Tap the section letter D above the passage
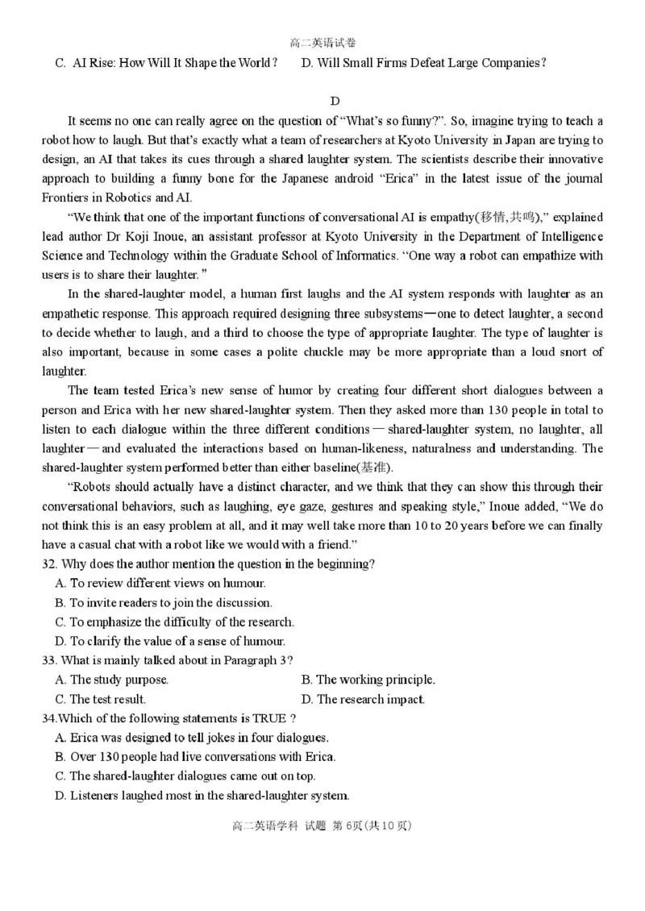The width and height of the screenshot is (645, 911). tap(335, 101)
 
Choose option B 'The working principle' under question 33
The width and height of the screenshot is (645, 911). tap(368, 680)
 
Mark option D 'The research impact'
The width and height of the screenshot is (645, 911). tap(363, 699)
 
